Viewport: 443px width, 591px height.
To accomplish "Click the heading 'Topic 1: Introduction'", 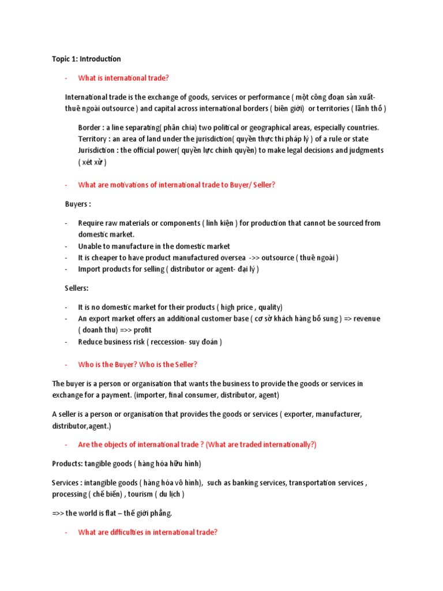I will pos(87,59).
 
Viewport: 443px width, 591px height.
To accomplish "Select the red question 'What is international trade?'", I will pos(123,78).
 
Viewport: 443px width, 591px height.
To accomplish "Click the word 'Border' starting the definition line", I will pos(89,128).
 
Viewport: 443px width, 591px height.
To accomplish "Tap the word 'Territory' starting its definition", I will pos(93,139).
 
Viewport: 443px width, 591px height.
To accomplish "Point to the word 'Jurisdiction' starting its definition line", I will pos(97,150).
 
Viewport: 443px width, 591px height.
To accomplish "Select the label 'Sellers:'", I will pos(77,288).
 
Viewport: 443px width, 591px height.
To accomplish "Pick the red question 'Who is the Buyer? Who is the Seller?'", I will pos(138,365).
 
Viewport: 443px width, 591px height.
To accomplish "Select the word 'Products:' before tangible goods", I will pos(67,463).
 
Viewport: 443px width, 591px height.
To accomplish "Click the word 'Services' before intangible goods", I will pos(65,482).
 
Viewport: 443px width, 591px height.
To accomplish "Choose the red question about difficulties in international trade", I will pos(148,532).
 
